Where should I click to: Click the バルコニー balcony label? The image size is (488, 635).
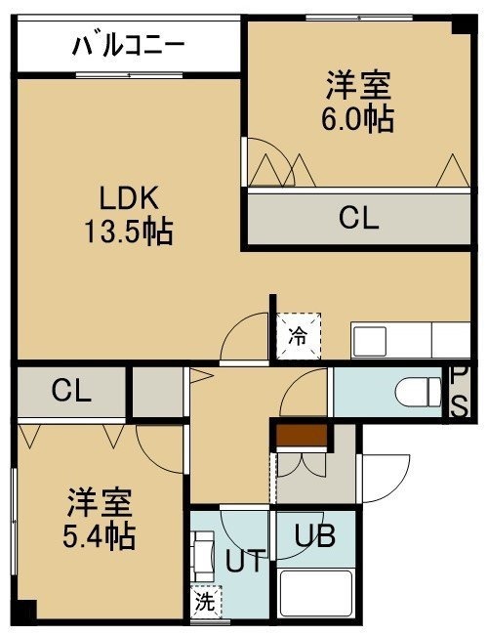point(129,45)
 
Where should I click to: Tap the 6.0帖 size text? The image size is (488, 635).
point(358,119)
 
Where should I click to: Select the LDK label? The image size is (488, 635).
point(128,197)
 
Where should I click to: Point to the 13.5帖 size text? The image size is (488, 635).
point(128,232)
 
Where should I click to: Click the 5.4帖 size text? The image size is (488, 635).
point(99,535)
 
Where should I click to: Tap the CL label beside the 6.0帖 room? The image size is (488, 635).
point(358,218)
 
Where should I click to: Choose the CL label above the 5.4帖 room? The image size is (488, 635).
point(71,391)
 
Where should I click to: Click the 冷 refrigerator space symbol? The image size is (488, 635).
point(299,336)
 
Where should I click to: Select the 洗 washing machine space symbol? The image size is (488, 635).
point(206,602)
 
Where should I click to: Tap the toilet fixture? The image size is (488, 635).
point(419,392)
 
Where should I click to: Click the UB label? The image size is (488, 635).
point(315,535)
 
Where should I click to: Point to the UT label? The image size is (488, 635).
point(245,561)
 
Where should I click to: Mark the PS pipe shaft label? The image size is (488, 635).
point(460,392)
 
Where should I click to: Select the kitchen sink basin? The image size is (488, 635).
point(370,341)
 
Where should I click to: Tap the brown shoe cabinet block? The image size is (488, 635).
point(302,436)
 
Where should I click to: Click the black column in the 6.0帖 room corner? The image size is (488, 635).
point(462,26)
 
